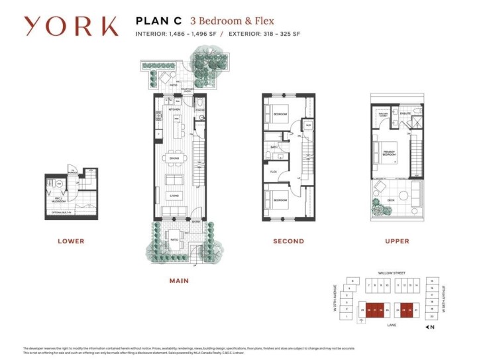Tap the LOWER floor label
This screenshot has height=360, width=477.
[71, 241]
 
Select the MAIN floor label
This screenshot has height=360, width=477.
[178, 280]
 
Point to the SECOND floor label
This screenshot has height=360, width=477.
[289, 241]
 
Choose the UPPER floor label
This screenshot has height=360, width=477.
[397, 241]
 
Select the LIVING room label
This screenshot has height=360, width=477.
[174, 196]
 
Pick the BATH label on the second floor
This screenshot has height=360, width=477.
[273, 147]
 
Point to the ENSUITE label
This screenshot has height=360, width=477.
[405, 114]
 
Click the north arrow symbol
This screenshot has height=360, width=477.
[431, 327]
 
